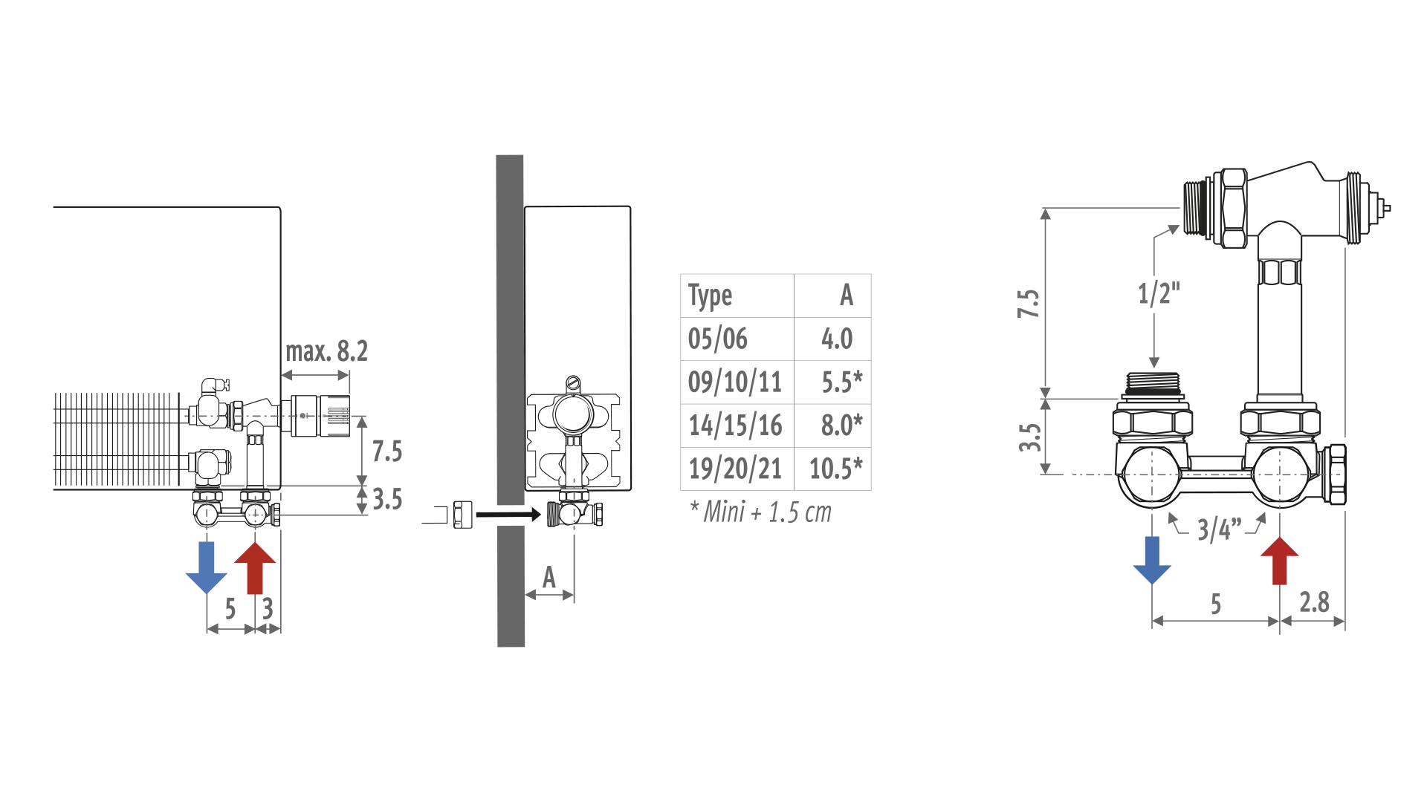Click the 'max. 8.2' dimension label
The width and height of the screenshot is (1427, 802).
point(327,351)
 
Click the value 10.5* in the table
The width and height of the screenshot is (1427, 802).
point(836,469)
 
